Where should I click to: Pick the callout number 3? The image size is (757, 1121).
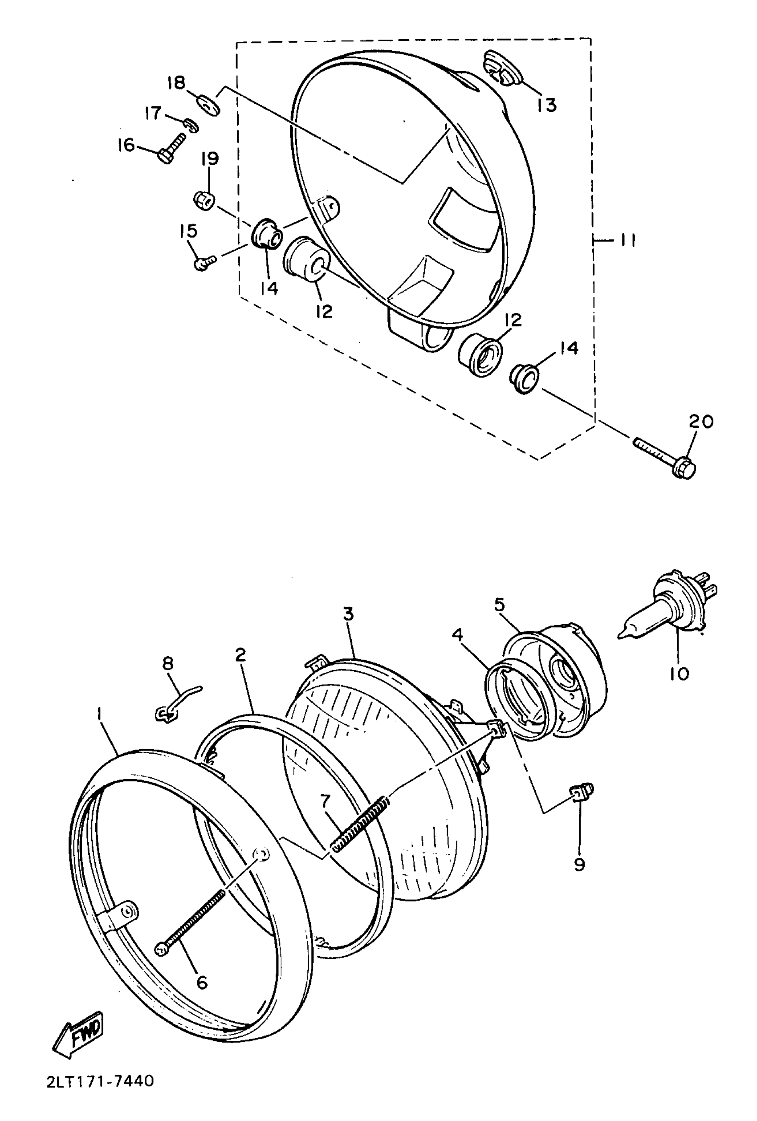click(x=348, y=614)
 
